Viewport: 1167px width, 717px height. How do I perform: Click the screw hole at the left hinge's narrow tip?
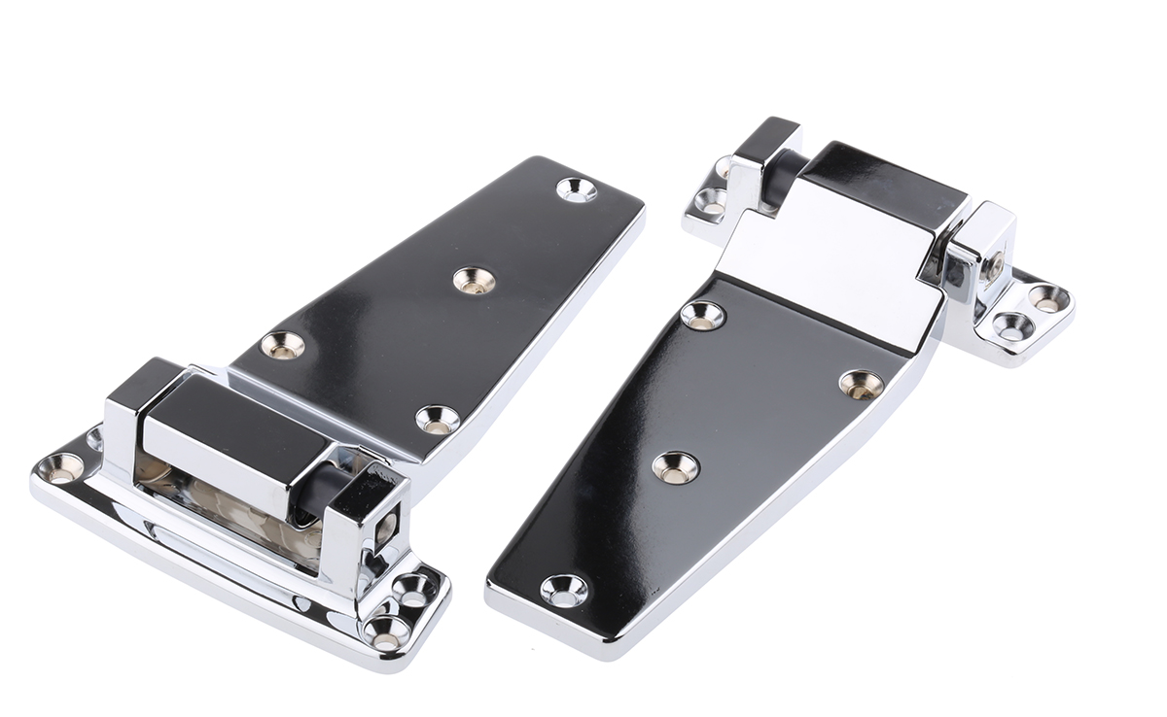click(576, 189)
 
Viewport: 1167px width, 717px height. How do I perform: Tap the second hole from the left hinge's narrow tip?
click(474, 281)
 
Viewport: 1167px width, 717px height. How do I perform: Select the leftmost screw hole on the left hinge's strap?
click(283, 345)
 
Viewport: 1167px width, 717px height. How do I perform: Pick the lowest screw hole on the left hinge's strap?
click(438, 420)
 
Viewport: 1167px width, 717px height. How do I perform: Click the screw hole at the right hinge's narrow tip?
click(564, 590)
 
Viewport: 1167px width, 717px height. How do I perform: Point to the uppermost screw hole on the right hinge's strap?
click(702, 315)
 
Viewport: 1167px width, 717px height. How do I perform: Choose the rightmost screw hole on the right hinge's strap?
click(862, 384)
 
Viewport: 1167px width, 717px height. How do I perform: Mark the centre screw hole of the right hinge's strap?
click(675, 467)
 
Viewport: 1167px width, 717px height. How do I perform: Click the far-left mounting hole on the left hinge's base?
click(62, 468)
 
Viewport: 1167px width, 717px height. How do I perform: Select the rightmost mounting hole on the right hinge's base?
click(1048, 297)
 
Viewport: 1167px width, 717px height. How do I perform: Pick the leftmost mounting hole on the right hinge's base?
click(711, 204)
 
